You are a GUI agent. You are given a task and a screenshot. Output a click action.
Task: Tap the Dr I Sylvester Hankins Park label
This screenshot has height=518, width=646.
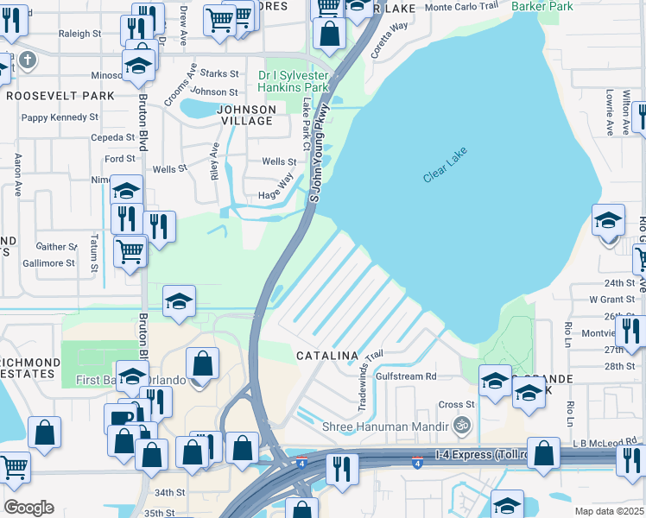pyautogui.click(x=294, y=81)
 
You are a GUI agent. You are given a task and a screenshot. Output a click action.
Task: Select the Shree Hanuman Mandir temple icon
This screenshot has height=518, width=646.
pyautogui.click(x=461, y=426)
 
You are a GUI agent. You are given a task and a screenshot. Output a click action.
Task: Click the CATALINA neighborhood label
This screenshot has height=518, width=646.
pyautogui.click(x=326, y=356)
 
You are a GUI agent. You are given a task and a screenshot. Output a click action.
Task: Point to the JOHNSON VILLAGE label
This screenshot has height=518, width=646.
pyautogui.click(x=246, y=115)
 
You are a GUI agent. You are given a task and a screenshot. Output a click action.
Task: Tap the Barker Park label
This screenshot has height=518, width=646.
pyautogui.click(x=542, y=6)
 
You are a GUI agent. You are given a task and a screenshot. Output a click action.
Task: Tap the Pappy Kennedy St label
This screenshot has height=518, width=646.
pyautogui.click(x=60, y=117)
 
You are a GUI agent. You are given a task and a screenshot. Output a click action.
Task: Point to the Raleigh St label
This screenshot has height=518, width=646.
pyautogui.click(x=80, y=34)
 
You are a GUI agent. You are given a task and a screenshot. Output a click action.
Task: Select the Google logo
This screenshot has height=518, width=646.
pyautogui.click(x=29, y=507)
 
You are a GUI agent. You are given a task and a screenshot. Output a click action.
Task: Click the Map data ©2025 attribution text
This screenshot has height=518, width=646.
pyautogui.click(x=608, y=511)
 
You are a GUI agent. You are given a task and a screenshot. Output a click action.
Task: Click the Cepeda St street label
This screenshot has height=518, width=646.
pyautogui.click(x=114, y=137)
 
